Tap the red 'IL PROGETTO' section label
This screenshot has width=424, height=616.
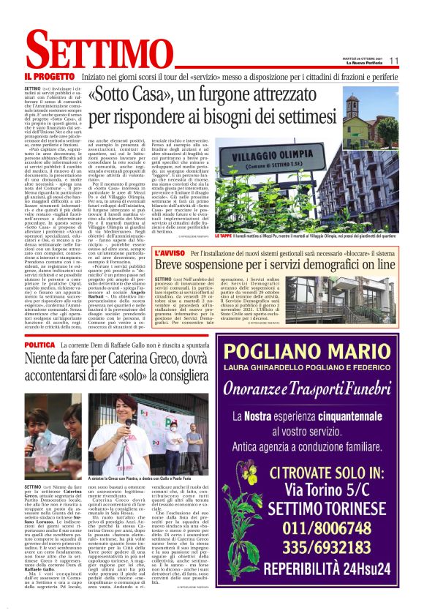click(x=48, y=75)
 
